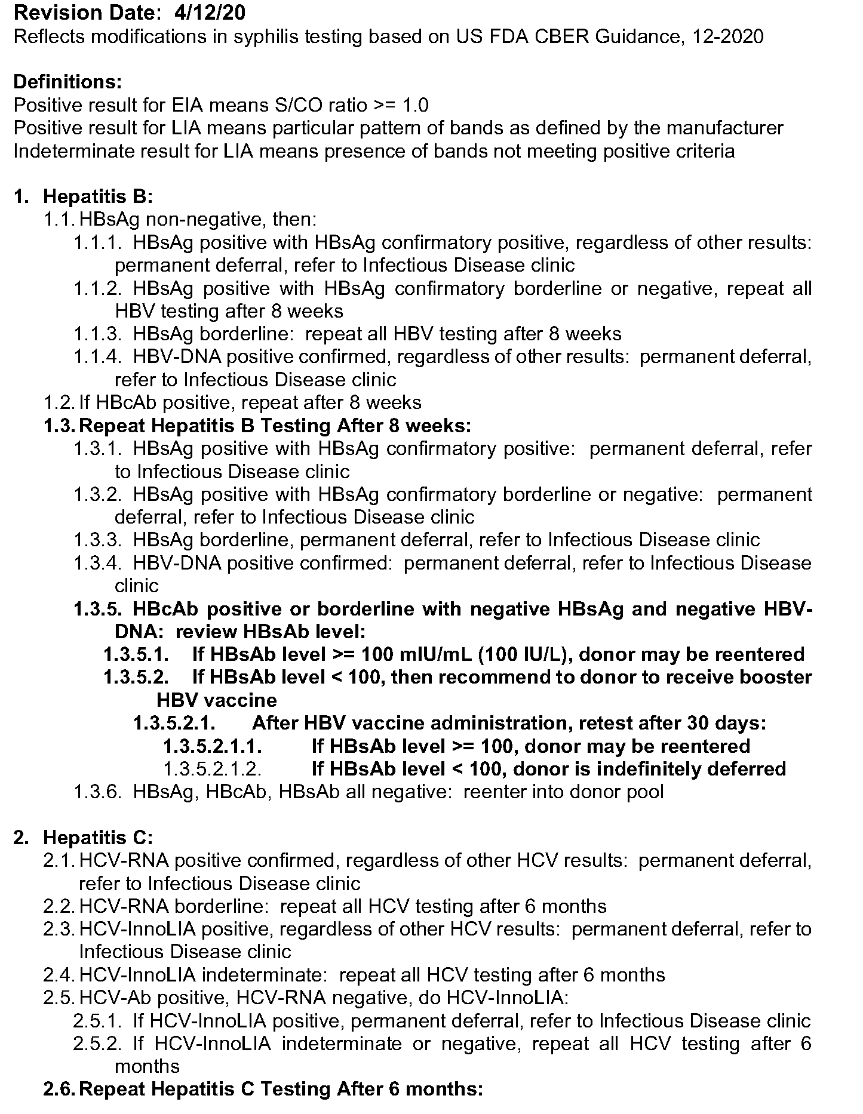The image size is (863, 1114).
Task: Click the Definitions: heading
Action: (x=67, y=82)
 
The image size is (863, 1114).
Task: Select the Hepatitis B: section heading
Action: (x=98, y=196)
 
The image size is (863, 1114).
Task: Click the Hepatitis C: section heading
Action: (x=98, y=838)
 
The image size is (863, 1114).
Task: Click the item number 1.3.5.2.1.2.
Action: (x=213, y=769)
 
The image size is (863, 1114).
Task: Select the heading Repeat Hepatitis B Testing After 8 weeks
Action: (x=275, y=426)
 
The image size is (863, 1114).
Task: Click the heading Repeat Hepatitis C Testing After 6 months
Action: (x=281, y=1089)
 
